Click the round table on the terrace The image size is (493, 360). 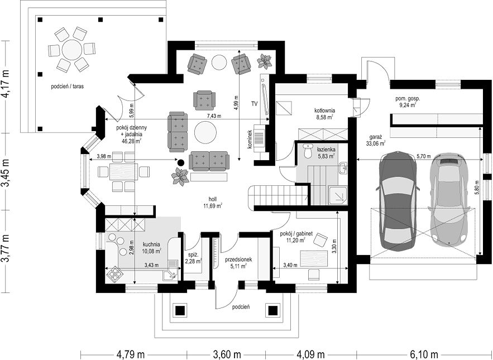pos(71,50)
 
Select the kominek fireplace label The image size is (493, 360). pos(250,140)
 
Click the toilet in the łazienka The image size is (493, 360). pos(308,151)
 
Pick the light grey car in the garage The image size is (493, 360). pos(449,200)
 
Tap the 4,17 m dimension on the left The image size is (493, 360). pos(6,87)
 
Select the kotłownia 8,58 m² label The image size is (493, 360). pos(324,114)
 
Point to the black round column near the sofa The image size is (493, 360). pos(180,162)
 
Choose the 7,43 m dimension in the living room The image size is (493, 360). pos(213,116)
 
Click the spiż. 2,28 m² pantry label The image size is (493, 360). pos(193,257)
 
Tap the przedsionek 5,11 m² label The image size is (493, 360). pos(238,263)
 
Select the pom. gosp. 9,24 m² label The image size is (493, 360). pos(408,102)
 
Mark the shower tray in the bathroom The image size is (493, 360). pos(338,195)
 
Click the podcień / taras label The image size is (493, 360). pos(68,86)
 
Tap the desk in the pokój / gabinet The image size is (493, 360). pos(313,259)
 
